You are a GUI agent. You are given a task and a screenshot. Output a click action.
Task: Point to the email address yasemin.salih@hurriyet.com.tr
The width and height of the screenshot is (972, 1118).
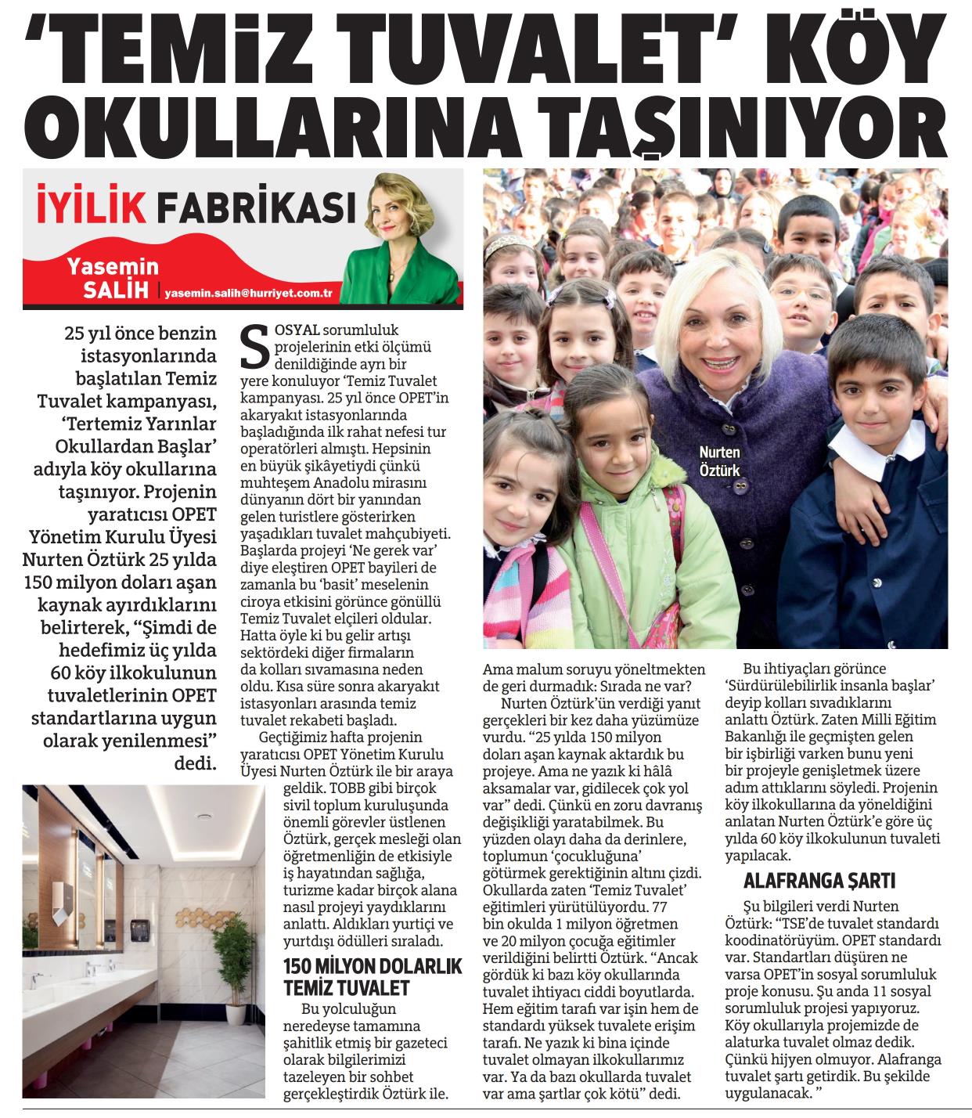coord(249,291)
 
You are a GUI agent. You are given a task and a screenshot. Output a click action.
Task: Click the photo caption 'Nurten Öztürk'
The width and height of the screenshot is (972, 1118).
coord(719,461)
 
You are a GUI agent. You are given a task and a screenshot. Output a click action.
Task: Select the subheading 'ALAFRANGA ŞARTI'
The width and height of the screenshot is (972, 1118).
coord(819,881)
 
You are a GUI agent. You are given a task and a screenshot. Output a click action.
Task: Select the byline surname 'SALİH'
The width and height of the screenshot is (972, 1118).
coord(117,290)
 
